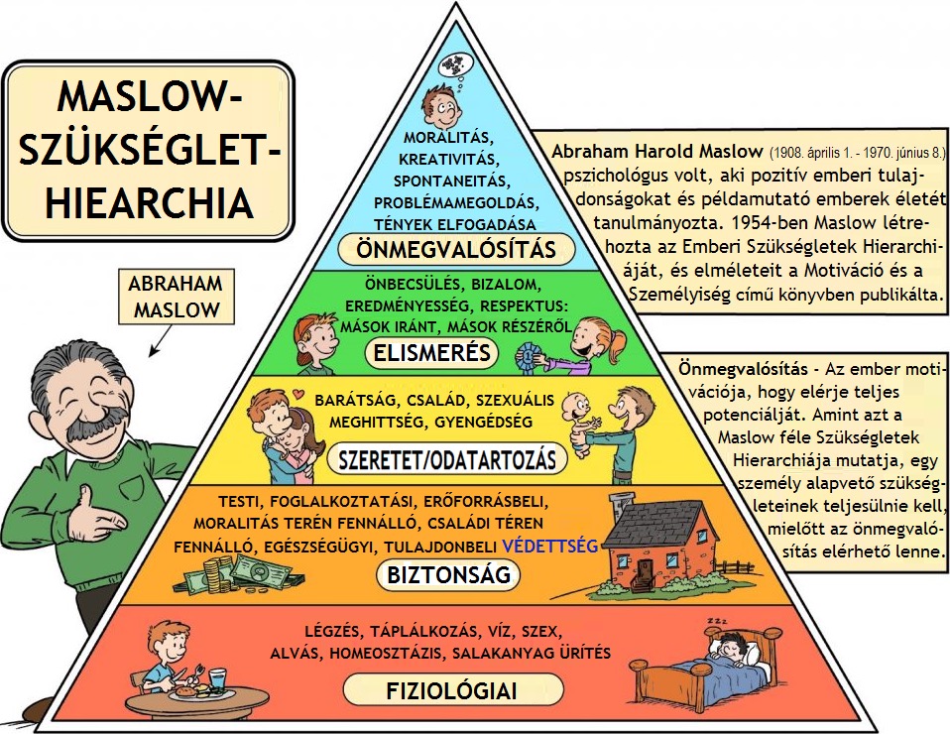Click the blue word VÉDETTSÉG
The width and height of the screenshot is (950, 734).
pos(550,546)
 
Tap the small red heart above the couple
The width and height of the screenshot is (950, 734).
pos(295,396)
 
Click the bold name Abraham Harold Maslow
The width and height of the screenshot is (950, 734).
pos(656,154)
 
